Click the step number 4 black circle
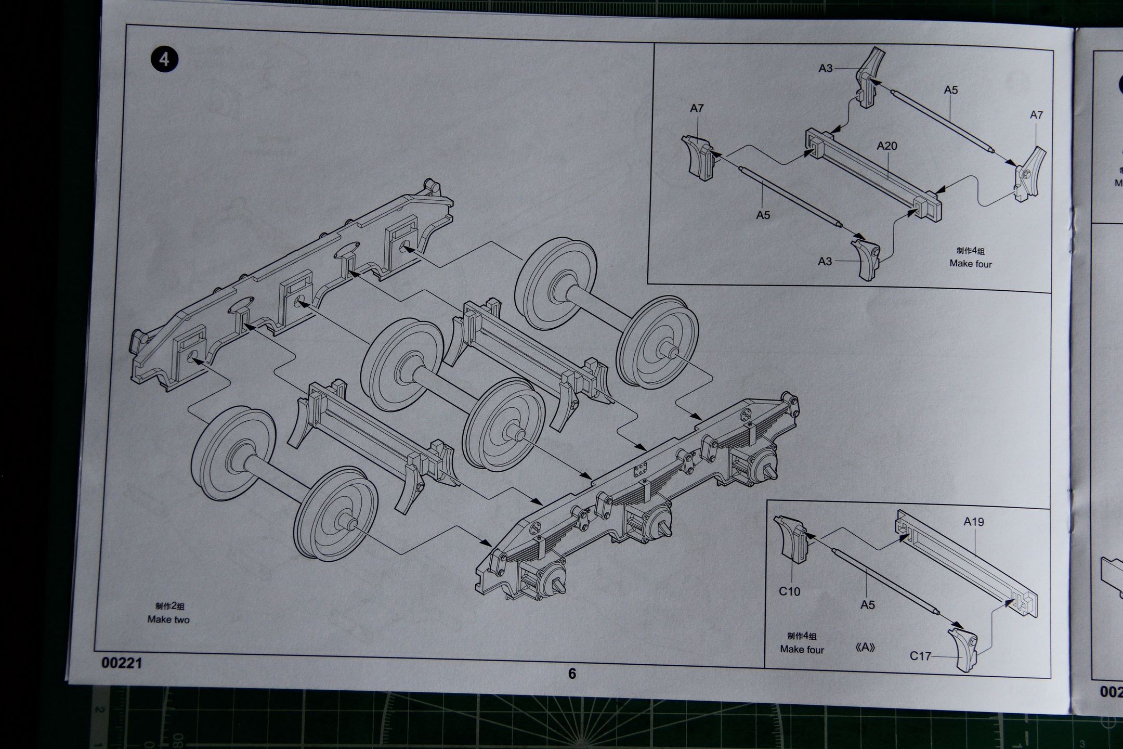(164, 59)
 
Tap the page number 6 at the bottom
(572, 674)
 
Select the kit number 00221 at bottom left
(122, 663)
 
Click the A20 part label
(887, 146)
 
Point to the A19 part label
(973, 522)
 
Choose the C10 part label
(789, 591)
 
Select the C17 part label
(920, 656)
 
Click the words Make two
(168, 619)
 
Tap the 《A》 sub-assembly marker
(865, 648)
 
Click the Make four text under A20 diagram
(971, 264)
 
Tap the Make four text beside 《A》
(802, 649)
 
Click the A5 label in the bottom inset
(868, 605)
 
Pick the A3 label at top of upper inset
(826, 68)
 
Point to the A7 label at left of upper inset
(697, 108)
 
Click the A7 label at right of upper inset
(1036, 115)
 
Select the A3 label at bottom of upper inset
(825, 261)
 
